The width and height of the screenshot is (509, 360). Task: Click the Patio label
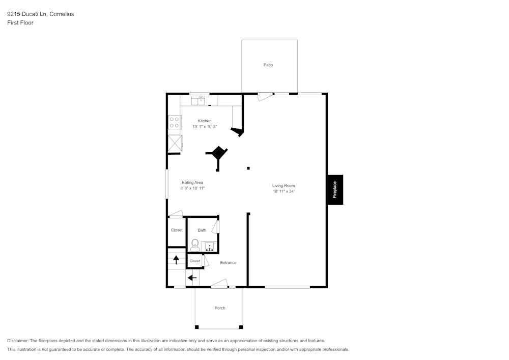(268, 65)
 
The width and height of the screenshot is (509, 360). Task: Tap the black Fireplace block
(335, 190)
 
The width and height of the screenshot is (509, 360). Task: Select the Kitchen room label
(205, 121)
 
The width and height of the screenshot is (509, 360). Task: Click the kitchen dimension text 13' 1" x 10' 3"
(205, 127)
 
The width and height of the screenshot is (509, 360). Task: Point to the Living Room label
(284, 186)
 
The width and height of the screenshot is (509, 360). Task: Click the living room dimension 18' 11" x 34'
(284, 192)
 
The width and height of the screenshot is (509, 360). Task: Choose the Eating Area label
(192, 182)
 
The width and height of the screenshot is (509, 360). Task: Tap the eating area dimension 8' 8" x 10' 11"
(192, 188)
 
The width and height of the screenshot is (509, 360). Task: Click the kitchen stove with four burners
(175, 122)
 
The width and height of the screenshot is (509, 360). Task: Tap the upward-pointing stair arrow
(176, 260)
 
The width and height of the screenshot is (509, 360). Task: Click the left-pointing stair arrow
(192, 278)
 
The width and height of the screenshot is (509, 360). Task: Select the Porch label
(220, 308)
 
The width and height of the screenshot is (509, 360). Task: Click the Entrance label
(228, 263)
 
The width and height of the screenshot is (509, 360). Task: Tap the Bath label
(202, 230)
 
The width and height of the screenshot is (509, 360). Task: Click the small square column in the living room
(248, 169)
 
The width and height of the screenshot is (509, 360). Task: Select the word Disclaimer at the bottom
(18, 341)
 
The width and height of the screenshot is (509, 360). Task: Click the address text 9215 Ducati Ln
(27, 14)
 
